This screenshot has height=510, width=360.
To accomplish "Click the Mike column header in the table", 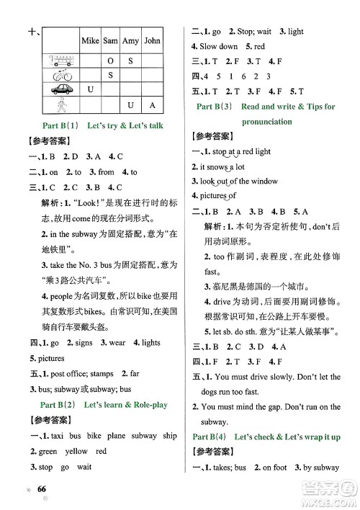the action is (x=90, y=41).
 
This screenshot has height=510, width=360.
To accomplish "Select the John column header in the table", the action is (x=152, y=41).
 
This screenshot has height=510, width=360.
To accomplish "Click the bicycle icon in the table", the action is (x=61, y=76).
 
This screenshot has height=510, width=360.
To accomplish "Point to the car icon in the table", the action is (x=61, y=90).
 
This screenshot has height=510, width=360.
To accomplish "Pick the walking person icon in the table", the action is (x=61, y=105).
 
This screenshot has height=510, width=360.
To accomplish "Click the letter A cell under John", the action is (x=152, y=106).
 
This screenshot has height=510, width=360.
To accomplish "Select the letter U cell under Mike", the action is (x=90, y=90).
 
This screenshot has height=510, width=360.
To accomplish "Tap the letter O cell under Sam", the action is (x=110, y=61).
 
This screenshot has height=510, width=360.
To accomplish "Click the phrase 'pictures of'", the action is (x=217, y=195).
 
